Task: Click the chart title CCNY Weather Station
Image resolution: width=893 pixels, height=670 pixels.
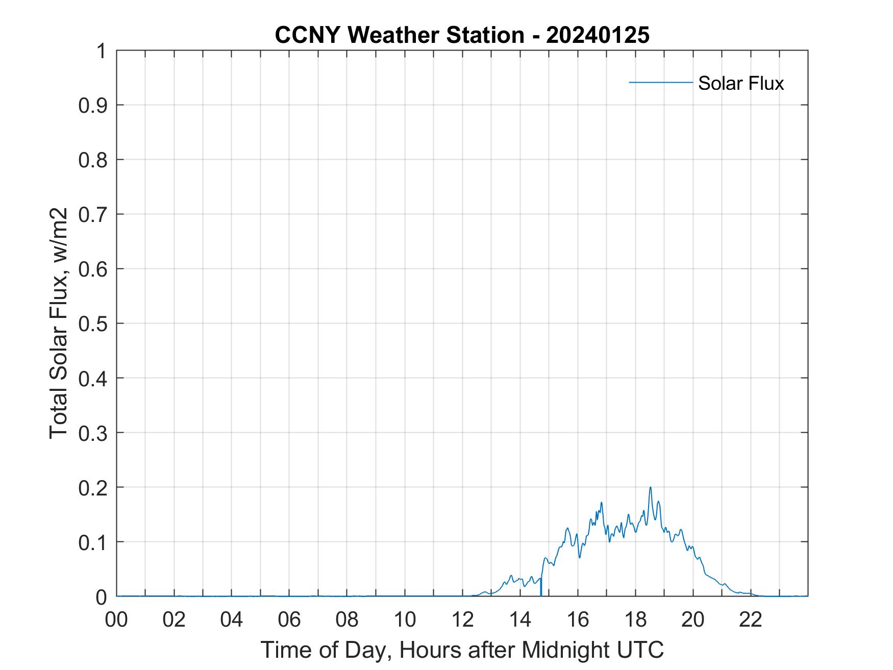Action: tap(400, 35)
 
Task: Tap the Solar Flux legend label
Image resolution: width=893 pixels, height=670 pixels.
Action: tap(740, 83)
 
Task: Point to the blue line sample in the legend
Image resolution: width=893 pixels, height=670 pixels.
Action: tap(660, 82)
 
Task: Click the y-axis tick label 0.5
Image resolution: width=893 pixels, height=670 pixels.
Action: tap(93, 324)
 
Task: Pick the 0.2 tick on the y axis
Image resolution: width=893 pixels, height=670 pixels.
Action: tap(93, 487)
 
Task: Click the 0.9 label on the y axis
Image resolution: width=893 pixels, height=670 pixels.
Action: tap(93, 106)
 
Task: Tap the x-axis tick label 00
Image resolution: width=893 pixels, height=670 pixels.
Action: tap(116, 619)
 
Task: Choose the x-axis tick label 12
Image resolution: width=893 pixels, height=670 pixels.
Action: tap(462, 619)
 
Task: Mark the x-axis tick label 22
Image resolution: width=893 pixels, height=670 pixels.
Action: tap(751, 619)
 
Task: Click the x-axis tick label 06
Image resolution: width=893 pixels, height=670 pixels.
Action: tap(289, 619)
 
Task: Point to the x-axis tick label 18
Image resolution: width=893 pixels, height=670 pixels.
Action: tap(635, 619)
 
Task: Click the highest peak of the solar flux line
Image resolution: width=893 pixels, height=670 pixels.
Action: tap(650, 487)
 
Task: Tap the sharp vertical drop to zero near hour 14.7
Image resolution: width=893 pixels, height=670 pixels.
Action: tap(541, 587)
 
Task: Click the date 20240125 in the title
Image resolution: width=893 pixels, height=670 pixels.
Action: tap(598, 35)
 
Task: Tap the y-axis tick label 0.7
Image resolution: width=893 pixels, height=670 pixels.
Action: tap(93, 214)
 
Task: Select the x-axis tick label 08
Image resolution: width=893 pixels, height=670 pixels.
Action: tap(347, 619)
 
